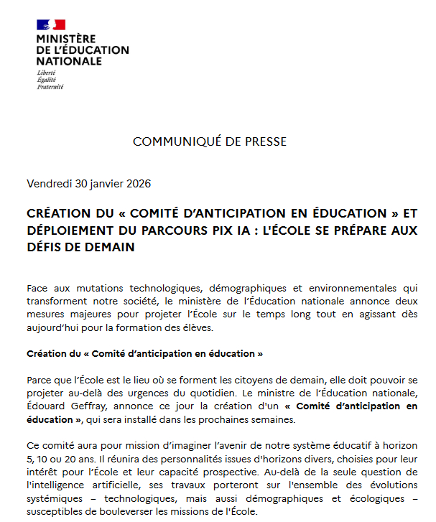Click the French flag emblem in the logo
(x=50, y=25)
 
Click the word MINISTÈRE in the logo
(x=65, y=39)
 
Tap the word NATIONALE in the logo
(x=69, y=62)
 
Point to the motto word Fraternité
(x=50, y=87)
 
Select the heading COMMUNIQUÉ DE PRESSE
(x=210, y=141)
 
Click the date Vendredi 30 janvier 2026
(x=88, y=184)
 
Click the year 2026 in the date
(x=138, y=184)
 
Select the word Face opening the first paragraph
(x=38, y=286)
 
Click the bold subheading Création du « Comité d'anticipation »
(x=144, y=353)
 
